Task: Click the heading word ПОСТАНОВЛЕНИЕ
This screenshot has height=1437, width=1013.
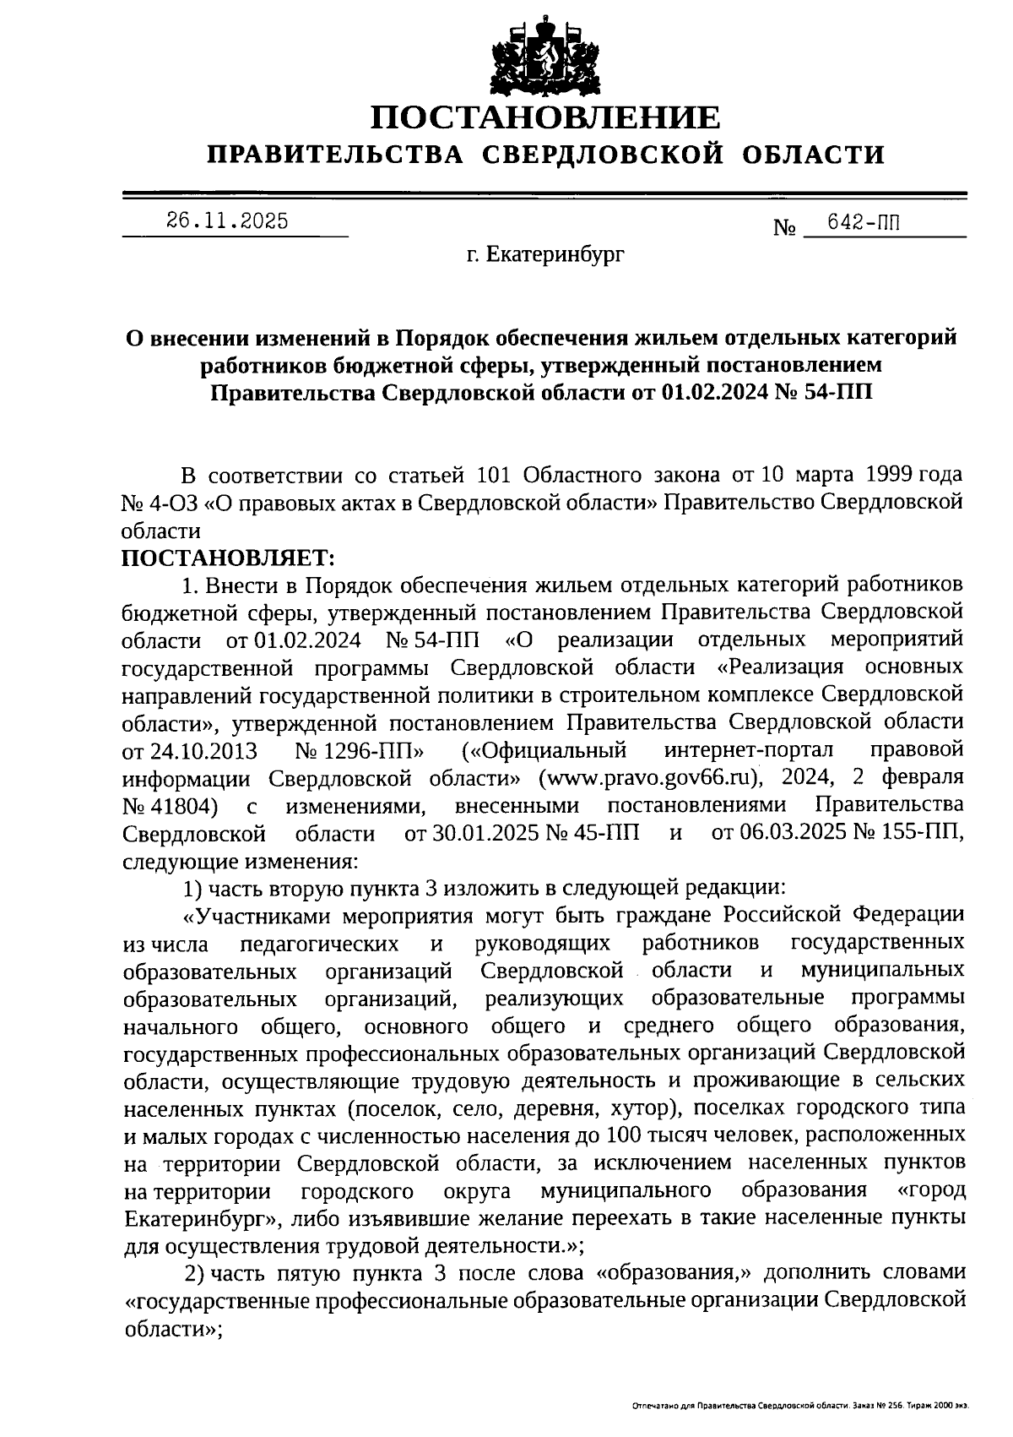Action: [x=545, y=117]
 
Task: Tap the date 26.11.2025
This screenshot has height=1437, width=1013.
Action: [x=226, y=221]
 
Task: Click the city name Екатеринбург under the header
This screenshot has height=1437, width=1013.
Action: [x=557, y=253]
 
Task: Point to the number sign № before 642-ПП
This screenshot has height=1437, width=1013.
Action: [x=784, y=227]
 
